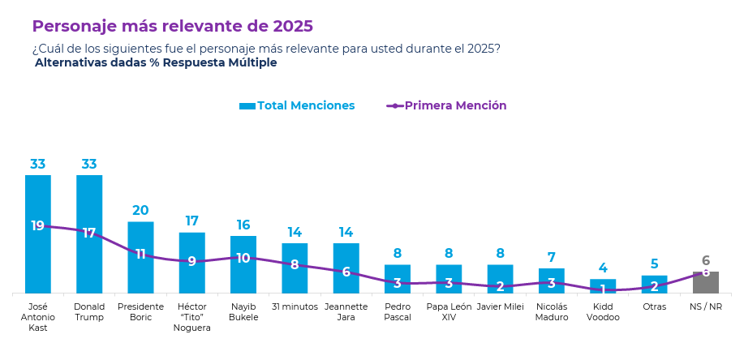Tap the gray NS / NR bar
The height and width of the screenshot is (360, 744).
[x=706, y=284]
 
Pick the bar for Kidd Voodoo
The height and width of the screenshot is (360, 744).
[x=603, y=286]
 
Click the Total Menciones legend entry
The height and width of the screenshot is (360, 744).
[x=297, y=105]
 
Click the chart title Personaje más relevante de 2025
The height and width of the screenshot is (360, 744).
[x=172, y=26]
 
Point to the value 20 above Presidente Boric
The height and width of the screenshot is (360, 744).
[x=140, y=211]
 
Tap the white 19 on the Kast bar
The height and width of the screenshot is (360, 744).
[x=37, y=226]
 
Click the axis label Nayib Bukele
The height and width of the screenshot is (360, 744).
[x=243, y=312]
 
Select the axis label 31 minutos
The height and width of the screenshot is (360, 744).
[x=295, y=306]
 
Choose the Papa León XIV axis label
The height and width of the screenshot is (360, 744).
[x=449, y=312]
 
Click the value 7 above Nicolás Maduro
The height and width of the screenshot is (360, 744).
[x=552, y=258]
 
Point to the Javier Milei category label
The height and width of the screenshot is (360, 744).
[x=501, y=306]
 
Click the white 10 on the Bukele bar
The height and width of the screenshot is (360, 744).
[x=243, y=258]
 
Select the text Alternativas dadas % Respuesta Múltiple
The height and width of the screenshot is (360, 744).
[x=156, y=62]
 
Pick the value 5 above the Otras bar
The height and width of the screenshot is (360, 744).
[x=654, y=264]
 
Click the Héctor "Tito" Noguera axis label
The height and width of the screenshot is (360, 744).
[x=192, y=317]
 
